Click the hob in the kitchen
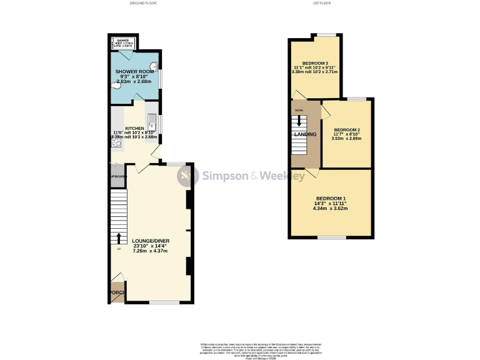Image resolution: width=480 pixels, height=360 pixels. pyautogui.click(x=116, y=142)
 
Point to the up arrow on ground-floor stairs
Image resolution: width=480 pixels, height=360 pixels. pyautogui.click(x=117, y=239)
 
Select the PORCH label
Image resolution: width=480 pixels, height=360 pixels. pyautogui.click(x=117, y=292)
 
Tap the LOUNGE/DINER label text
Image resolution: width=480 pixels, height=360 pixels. pyautogui.click(x=151, y=241)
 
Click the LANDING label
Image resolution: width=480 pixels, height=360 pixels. pyautogui.click(x=306, y=134)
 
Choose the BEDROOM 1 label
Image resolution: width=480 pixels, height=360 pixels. pyautogui.click(x=331, y=198)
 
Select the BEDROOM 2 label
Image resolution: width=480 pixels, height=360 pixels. pyautogui.click(x=346, y=130)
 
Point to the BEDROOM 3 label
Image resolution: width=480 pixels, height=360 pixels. pyautogui.click(x=315, y=63)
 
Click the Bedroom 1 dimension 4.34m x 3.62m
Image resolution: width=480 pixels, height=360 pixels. pyautogui.click(x=331, y=208)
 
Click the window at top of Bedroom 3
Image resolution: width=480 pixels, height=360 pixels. pyautogui.click(x=325, y=35)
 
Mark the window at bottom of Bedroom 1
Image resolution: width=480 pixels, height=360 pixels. pyautogui.click(x=331, y=237)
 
